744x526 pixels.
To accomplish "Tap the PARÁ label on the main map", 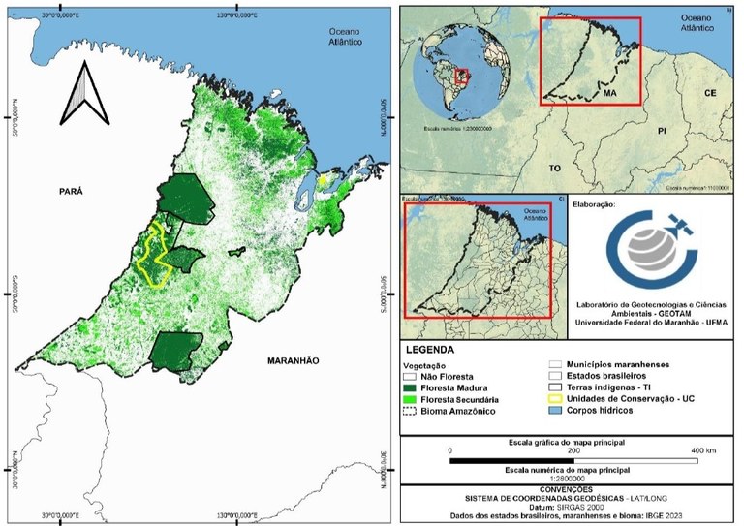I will [68, 191].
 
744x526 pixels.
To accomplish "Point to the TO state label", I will [555, 168].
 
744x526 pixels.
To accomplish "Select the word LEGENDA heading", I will [432, 347].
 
